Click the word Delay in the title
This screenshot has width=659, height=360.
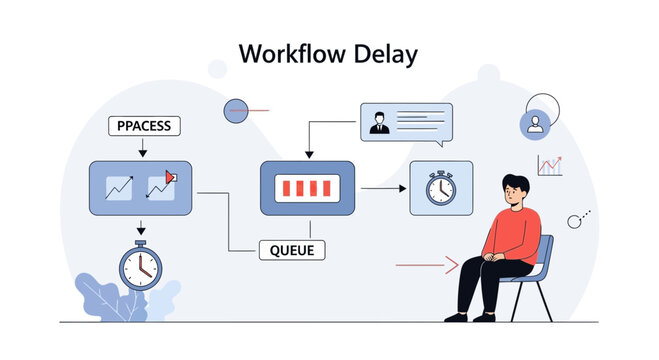tap(385, 53)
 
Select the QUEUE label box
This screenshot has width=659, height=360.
tap(292, 250)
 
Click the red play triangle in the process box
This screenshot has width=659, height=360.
tap(170, 177)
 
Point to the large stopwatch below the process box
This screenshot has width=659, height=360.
tap(140, 265)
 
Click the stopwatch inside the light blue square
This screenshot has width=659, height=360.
tap(441, 188)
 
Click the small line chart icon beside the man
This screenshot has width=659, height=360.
tap(549, 165)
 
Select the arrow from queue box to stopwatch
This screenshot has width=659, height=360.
tap(382, 187)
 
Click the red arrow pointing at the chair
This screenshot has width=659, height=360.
tap(427, 264)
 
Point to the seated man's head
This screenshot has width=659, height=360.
tap(513, 189)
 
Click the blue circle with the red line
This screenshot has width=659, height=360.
tap(236, 110)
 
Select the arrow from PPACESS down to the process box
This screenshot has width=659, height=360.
tap(143, 148)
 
